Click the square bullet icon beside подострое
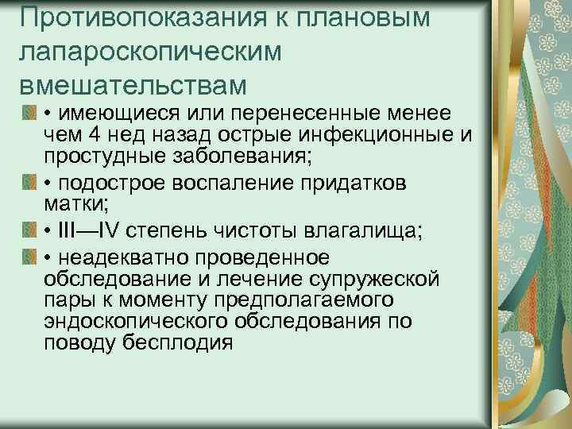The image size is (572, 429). click(x=29, y=183)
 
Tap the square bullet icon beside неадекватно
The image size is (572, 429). click(x=29, y=259)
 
